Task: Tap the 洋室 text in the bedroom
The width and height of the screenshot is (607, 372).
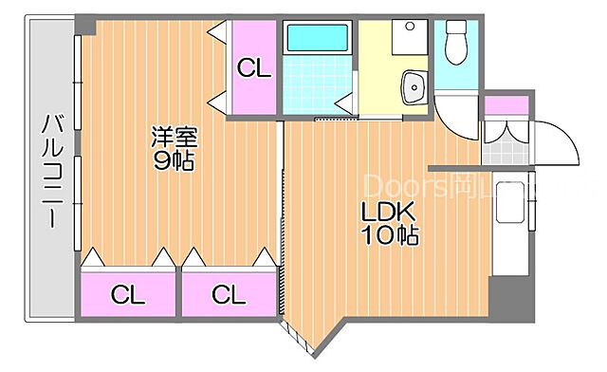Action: pos(175,136)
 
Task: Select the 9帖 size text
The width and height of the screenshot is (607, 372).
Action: pos(175,160)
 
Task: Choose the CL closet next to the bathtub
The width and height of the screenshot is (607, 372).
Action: pos(253,68)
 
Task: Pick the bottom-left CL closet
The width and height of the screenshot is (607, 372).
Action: pos(129,294)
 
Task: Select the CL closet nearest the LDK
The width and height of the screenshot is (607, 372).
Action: pos(229,294)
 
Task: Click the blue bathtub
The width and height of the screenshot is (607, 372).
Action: pos(319,38)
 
